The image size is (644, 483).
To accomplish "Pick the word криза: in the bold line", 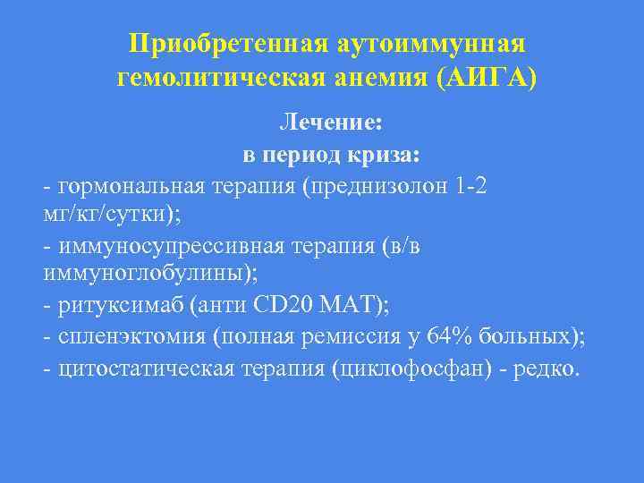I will [382, 155].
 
